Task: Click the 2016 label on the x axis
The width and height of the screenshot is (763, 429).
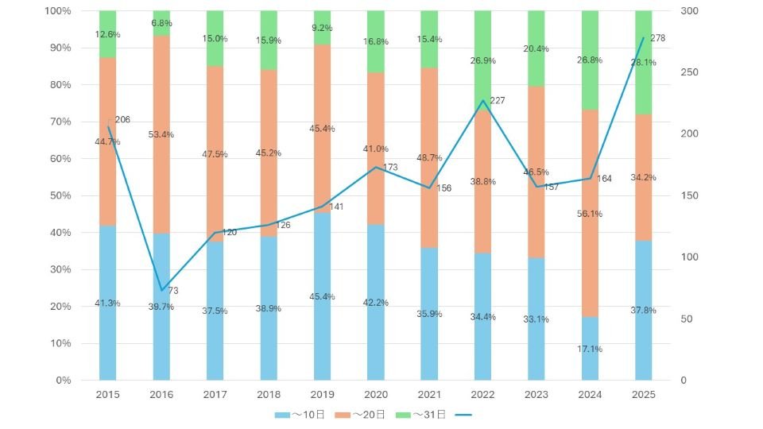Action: click(161, 395)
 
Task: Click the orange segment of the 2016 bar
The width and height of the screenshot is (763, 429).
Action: click(161, 135)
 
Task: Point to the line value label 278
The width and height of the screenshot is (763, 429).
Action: click(657, 38)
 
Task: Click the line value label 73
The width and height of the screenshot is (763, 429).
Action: click(173, 291)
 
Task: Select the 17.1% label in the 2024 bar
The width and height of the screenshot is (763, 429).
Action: click(590, 349)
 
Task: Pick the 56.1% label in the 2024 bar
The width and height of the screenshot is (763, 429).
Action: click(590, 214)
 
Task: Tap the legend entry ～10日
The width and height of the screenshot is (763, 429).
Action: click(301, 415)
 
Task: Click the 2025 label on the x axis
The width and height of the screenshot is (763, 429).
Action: click(643, 395)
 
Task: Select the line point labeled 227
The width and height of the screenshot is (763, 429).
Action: click(482, 101)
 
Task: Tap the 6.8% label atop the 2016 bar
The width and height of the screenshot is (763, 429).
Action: click(162, 22)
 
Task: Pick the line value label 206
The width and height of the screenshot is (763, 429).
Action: click(122, 120)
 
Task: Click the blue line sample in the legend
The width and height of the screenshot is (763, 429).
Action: click(464, 415)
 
